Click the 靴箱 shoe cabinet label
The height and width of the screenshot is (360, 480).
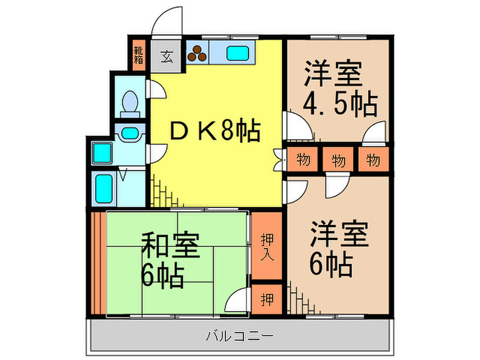click(x=139, y=55)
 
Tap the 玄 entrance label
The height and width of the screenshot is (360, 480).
click(x=167, y=57)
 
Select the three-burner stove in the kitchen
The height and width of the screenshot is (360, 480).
click(x=197, y=53)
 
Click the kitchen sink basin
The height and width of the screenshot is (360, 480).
click(x=238, y=53)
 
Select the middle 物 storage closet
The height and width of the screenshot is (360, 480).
click(x=338, y=159)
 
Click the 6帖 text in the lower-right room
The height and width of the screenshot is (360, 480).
click(x=331, y=265)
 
